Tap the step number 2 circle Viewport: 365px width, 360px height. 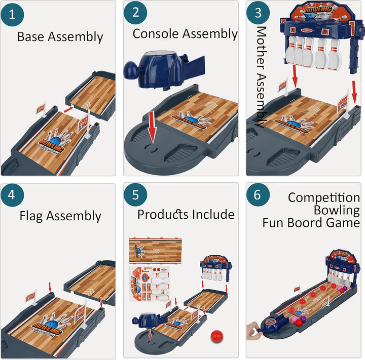(135, 13)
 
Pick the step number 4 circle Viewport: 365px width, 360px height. (14, 196)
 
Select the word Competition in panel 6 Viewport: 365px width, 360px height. (324, 197)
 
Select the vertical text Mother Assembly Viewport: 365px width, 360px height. (261, 76)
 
